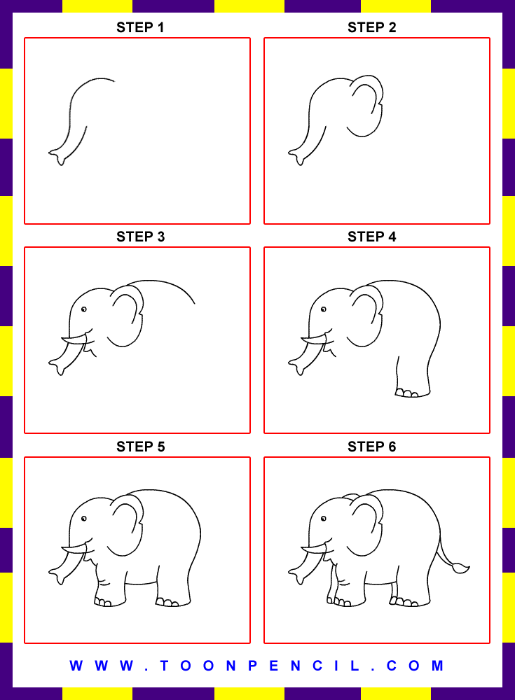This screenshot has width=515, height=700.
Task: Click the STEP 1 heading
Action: (x=140, y=28)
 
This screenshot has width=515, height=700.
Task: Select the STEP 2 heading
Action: (x=372, y=28)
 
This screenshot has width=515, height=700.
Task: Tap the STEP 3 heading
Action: (x=140, y=237)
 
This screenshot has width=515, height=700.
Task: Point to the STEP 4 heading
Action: (x=372, y=237)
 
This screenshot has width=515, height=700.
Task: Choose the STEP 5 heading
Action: (x=140, y=447)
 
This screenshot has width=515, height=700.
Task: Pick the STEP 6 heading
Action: (x=372, y=447)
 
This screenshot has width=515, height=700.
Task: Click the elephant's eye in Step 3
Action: (x=83, y=309)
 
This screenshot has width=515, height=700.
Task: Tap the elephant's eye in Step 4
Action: (x=323, y=309)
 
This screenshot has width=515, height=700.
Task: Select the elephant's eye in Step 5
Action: (x=83, y=519)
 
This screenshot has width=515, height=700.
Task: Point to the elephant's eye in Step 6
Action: (x=323, y=519)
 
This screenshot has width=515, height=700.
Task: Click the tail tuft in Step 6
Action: (x=461, y=568)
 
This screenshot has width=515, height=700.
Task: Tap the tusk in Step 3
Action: (x=74, y=340)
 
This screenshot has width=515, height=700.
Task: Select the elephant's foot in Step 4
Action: (x=412, y=393)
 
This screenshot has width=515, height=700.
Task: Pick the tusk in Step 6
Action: (x=313, y=549)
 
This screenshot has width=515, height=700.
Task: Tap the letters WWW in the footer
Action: (x=102, y=666)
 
